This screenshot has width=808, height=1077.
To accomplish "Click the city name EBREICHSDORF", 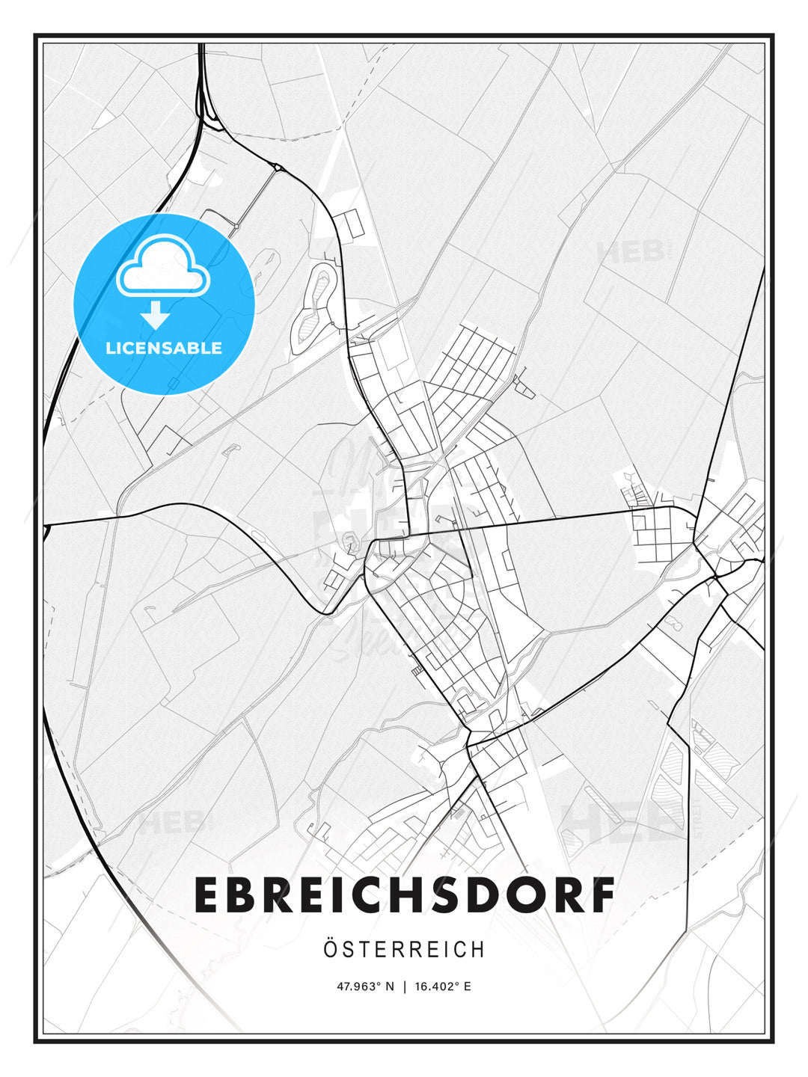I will point(404,895).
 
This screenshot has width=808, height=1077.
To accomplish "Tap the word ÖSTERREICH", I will point(404,950).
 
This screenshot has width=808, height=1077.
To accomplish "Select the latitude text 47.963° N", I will point(365,987).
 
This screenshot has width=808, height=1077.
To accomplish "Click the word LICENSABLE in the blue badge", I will point(164,348).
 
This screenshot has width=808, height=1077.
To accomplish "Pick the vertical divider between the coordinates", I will point(404,987).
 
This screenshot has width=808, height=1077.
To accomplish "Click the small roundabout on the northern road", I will point(277,168).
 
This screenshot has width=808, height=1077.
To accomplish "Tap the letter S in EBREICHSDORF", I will point(438,895).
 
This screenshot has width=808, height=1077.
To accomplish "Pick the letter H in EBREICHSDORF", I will point(398,895).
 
